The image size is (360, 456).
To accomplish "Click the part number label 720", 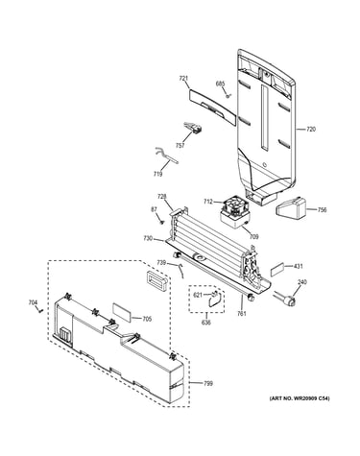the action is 311,130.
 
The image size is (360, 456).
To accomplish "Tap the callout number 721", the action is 183,79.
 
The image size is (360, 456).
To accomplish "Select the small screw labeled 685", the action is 228,96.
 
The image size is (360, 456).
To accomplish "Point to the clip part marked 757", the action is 194,128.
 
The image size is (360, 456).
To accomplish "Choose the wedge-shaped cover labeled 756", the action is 291,210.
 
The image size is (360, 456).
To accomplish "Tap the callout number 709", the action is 253,237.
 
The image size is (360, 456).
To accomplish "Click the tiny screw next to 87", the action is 162,221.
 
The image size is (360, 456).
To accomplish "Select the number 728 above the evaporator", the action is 162,196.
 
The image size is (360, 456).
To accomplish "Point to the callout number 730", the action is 148,238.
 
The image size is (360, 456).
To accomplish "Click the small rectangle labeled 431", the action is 276,271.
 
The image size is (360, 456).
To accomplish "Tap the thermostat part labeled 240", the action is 287,300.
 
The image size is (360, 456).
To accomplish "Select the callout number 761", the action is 242,314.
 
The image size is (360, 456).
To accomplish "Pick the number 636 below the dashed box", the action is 205,323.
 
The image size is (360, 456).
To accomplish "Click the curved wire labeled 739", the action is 181,271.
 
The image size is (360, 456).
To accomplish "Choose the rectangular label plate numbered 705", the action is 122,313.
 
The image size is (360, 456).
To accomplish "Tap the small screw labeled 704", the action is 40,310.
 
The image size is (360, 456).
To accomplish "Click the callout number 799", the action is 208,383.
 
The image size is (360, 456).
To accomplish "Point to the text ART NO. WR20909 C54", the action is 300,398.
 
